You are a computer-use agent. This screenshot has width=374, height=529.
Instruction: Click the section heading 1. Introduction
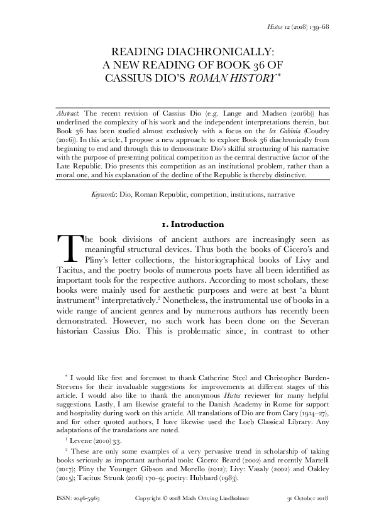tap(186, 224)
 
